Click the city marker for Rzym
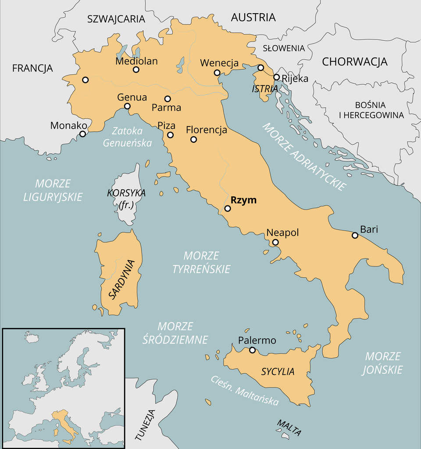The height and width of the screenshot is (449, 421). [x=228, y=208]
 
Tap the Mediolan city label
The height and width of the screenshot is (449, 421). [x=136, y=61]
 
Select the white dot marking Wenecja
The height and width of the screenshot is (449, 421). [x=217, y=73]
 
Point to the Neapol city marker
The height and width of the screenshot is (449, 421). [x=275, y=242]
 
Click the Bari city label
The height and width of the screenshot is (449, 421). [x=368, y=229]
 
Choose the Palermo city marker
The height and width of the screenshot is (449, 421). [x=252, y=350]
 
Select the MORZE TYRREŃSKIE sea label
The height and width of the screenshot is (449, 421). [x=201, y=262]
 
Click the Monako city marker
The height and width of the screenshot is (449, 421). [x=82, y=134]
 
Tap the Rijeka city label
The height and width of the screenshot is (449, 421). [x=295, y=79]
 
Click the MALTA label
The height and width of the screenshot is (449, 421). [x=289, y=428]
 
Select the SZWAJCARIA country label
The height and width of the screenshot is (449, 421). [x=116, y=19]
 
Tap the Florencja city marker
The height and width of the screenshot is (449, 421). [x=193, y=140]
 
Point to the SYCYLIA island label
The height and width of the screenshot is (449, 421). [x=278, y=372]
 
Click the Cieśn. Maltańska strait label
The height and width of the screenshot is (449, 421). [x=244, y=390]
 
